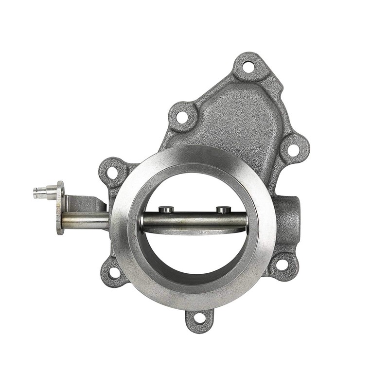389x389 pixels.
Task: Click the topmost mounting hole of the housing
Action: pos(248,67)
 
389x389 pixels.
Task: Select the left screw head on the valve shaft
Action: pos(167,210)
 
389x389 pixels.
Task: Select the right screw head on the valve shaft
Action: pos(223,210)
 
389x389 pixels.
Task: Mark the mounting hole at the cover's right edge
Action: pos(293,149)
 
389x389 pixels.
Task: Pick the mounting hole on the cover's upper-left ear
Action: pos(182,117)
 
